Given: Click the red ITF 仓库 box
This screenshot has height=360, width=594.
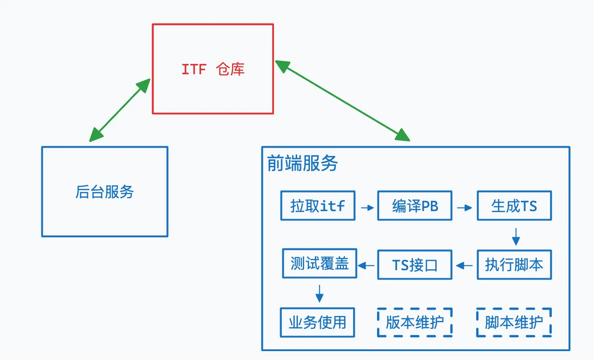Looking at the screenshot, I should click(x=213, y=69).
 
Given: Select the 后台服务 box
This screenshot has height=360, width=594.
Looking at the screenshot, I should click(x=104, y=192).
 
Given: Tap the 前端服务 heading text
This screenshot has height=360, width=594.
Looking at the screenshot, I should click(x=302, y=164).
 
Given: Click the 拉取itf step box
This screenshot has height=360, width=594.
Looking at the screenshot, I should click(x=318, y=206).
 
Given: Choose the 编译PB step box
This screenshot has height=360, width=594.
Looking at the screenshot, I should click(x=415, y=206).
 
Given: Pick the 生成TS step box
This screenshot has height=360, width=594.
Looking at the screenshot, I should click(x=514, y=206).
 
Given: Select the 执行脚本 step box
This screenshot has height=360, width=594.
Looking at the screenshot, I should click(x=514, y=265).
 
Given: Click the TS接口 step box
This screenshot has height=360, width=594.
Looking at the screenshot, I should click(x=415, y=265).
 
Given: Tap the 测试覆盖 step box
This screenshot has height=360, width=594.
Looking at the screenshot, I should click(x=320, y=264).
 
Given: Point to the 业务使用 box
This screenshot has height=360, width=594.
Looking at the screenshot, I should click(x=317, y=322).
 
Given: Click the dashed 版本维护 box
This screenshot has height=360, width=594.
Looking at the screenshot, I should click(x=415, y=322).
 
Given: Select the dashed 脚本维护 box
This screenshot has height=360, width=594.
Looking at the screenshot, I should click(x=514, y=322).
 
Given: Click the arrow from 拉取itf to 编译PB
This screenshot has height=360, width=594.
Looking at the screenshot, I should click(x=367, y=207).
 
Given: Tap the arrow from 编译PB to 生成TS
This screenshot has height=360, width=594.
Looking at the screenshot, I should click(x=465, y=207).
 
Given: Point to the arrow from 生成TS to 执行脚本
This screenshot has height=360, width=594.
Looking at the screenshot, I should click(x=516, y=236).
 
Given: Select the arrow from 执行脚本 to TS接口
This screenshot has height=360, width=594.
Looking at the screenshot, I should click(x=465, y=266).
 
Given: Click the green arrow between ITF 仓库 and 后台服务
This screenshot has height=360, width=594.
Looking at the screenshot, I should click(x=120, y=110).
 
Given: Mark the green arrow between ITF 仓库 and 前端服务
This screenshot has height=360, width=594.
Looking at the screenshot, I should click(x=342, y=100).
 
